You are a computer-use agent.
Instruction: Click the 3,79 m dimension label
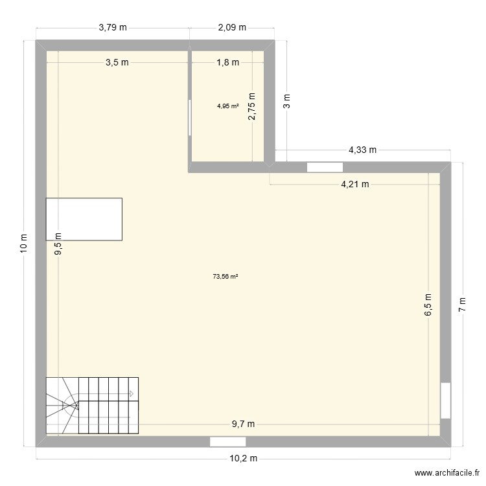112,27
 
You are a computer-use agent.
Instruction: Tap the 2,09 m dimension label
232,27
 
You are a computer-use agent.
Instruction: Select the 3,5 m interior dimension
117,62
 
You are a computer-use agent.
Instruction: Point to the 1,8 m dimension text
227,62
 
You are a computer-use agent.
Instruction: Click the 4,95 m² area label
227,105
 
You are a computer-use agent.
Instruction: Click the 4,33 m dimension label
362,150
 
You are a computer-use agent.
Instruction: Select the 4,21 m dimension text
355,184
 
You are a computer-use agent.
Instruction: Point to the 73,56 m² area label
226,277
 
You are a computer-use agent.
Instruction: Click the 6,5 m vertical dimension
428,303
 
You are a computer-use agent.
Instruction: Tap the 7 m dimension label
463,304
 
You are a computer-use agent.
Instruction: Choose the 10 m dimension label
24,242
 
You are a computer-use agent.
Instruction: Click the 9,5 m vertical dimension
58,244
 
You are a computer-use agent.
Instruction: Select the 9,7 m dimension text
244,424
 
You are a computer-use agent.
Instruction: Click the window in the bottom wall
227,441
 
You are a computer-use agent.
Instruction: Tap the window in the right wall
445,400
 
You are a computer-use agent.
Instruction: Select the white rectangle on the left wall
84,219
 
